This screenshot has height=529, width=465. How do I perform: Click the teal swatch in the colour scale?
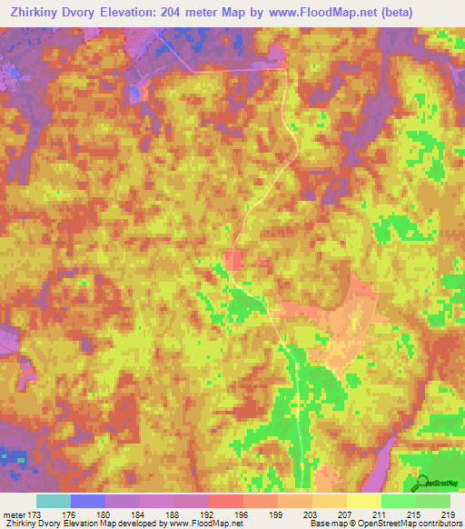53,501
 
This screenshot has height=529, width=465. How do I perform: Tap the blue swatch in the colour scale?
87,501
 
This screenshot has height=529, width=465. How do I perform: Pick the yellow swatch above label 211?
363,501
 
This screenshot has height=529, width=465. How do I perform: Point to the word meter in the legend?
15,514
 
